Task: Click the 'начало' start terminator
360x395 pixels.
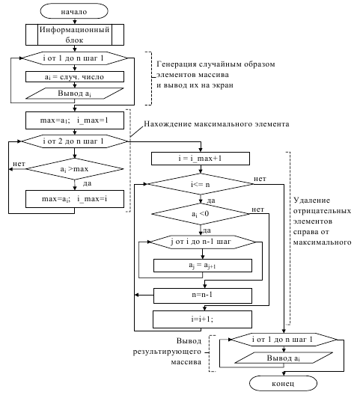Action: (x=74, y=11)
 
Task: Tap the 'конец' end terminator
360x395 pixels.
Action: (x=283, y=384)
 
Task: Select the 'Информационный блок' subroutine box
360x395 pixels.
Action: (x=75, y=34)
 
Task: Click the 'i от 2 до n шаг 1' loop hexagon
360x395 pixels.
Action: (x=75, y=141)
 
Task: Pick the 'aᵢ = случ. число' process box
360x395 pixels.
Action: (x=75, y=76)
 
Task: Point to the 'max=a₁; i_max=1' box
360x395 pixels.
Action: (x=75, y=120)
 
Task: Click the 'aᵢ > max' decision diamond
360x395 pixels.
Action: (x=75, y=169)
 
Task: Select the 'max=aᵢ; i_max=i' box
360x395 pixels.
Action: (x=75, y=199)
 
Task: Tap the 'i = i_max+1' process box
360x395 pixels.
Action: (x=201, y=159)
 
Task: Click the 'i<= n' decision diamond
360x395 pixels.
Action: (x=201, y=184)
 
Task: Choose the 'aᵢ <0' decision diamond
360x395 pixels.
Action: (x=201, y=214)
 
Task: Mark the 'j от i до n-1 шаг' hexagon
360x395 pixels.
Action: (x=202, y=242)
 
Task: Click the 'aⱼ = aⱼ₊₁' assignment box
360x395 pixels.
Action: (x=202, y=266)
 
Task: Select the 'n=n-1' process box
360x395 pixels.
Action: (x=202, y=296)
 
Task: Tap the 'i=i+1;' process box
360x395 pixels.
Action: (x=202, y=319)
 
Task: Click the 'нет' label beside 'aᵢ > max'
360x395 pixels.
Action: (x=19, y=164)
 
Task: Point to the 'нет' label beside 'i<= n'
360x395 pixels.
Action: (x=260, y=179)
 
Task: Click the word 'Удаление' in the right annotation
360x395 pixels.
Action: (x=312, y=200)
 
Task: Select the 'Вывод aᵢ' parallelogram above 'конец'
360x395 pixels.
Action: (x=284, y=358)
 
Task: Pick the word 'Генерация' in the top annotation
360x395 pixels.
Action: (x=177, y=64)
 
